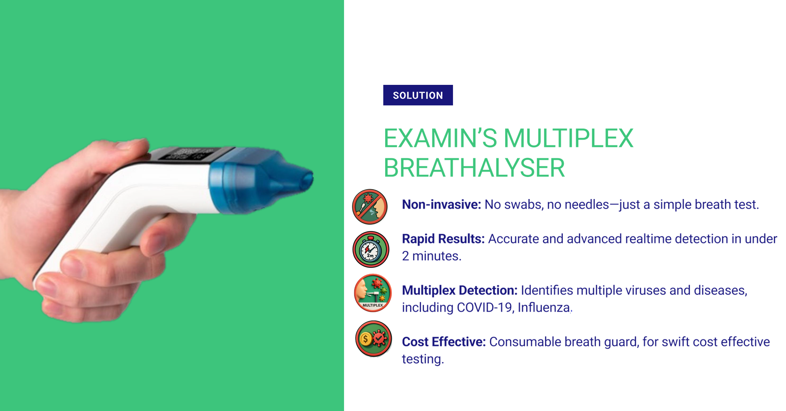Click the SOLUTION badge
coord(418,95)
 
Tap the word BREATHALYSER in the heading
coord(474,168)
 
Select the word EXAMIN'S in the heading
coord(440,138)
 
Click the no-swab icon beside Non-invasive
coord(370,207)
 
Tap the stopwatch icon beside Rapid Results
coord(371,249)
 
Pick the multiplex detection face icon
coord(373,293)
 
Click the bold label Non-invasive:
coord(442,204)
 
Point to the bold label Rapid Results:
coord(443,239)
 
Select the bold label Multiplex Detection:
coord(460,290)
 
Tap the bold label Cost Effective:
coord(444,342)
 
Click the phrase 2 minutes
coord(432,256)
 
